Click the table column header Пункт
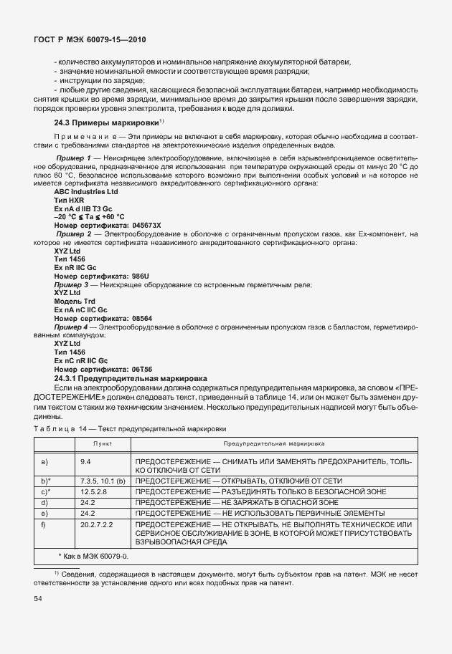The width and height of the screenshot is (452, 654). pyautogui.click(x=103, y=444)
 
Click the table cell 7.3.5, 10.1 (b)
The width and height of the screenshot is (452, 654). pyautogui.click(x=103, y=481)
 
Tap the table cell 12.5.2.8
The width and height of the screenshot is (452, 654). pyautogui.click(x=93, y=491)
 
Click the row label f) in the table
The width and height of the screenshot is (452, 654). pyautogui.click(x=44, y=526)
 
